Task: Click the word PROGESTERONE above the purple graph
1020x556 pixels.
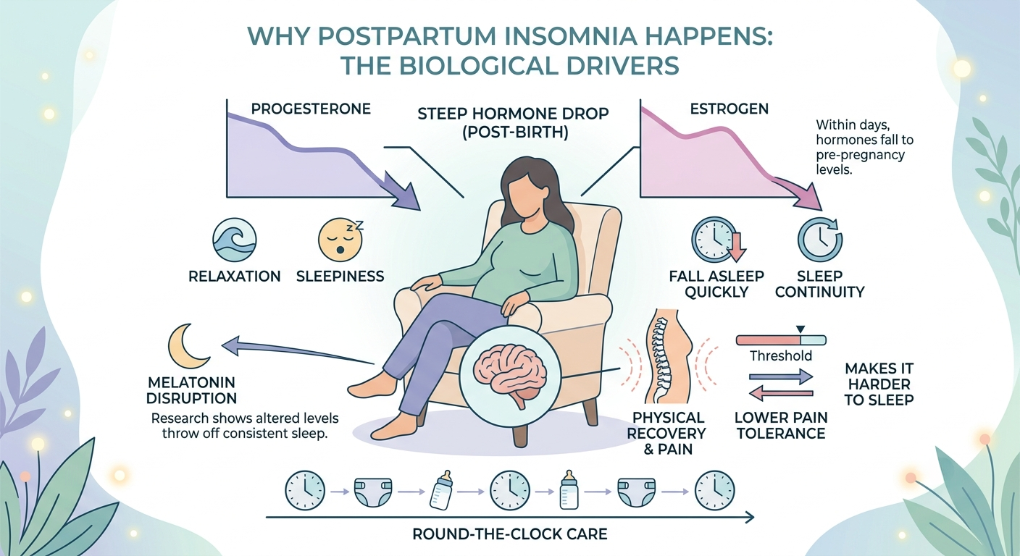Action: coord(311,109)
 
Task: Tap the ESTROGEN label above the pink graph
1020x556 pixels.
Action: coord(729,109)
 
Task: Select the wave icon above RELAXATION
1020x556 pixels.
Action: coord(235,240)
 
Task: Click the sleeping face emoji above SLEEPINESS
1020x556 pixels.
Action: coord(340,240)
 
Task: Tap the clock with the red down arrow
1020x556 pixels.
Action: coord(715,239)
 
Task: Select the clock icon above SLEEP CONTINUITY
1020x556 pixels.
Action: coord(820,240)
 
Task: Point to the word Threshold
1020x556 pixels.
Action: coord(780,355)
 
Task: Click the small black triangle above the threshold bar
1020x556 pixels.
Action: coord(800,329)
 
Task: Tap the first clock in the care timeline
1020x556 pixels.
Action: coord(305,490)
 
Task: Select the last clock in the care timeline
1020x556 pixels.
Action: coord(714,490)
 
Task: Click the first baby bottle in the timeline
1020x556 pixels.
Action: coord(441,489)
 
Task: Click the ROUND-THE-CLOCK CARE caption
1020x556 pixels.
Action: coord(509,534)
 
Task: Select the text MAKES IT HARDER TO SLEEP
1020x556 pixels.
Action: coord(879,384)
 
